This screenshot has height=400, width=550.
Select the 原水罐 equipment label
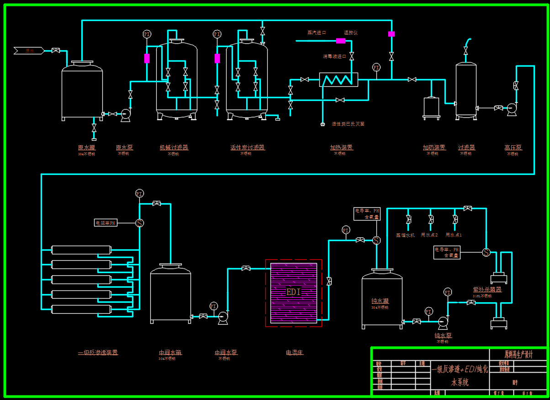[x=86, y=147]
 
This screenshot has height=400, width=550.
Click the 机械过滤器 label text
[x=174, y=147]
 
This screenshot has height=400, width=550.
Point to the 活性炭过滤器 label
[x=248, y=147]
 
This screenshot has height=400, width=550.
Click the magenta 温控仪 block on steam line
[x=341, y=41]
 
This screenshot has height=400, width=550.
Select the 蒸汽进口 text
[x=317, y=33]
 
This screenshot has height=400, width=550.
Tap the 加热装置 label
[x=341, y=147]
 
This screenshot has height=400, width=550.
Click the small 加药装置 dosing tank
[x=431, y=107]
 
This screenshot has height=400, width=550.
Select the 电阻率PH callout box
[x=106, y=223]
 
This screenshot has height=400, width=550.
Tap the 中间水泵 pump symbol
[x=223, y=317]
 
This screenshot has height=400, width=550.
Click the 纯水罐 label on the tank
[x=380, y=301]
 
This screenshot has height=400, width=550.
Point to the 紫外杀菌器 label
[x=487, y=289]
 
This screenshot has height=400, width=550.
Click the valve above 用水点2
[x=431, y=220]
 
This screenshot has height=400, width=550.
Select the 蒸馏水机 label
[x=405, y=235]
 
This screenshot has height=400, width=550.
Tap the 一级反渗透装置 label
[x=98, y=353]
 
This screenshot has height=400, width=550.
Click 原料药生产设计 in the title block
[x=518, y=354]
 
